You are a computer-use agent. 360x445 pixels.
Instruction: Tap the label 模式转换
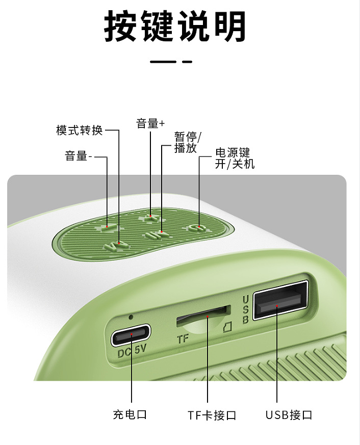pos(79,130)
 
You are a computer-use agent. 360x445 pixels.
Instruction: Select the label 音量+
pos(150,123)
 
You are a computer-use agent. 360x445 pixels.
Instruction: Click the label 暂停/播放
pos(188,142)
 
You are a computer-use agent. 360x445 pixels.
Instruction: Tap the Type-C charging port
pos(131,335)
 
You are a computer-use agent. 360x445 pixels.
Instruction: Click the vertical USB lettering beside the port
pos(245,309)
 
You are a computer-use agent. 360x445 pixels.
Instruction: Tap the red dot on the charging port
pos(131,334)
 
